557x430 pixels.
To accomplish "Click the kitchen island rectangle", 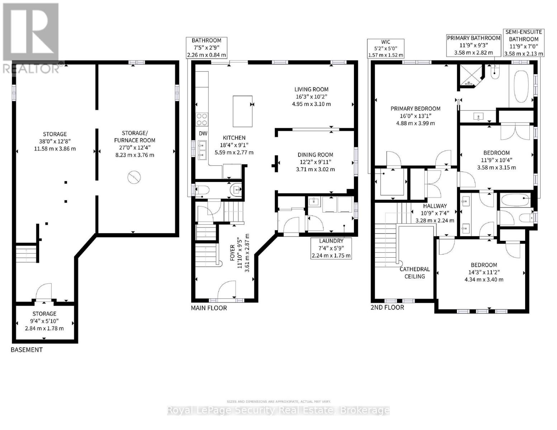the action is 242,111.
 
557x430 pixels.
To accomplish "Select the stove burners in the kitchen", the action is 202,119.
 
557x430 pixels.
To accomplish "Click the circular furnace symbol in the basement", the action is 134,177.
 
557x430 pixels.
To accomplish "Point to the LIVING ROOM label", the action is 311,89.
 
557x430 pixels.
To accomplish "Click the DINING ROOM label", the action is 315,155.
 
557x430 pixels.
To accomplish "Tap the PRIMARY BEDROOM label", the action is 415,109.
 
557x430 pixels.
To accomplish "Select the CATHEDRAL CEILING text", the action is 415,272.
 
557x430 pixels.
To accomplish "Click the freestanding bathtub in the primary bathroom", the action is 521,86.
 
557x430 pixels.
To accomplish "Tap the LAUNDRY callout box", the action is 331,248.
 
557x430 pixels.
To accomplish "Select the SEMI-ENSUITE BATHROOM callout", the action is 523,43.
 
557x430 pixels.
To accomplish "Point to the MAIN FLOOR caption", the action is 209,308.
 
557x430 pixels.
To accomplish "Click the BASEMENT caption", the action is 27,350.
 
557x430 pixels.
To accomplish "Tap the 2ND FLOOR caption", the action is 387,307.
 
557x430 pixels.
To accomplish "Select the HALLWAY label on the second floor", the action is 435,206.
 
